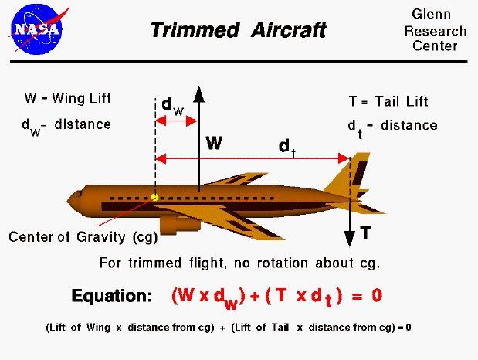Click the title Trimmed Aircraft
click(238, 30)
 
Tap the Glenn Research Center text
click(438, 32)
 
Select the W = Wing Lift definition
click(68, 99)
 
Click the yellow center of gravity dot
click(155, 198)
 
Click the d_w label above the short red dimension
click(172, 106)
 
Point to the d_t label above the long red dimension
click(286, 145)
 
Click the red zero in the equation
click(377, 295)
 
